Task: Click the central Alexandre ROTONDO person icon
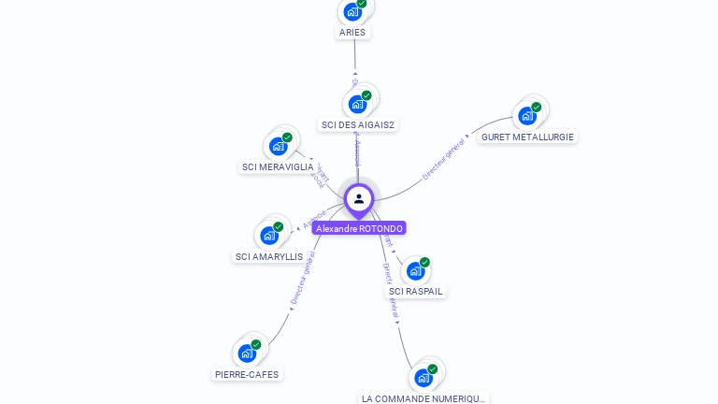[359, 198]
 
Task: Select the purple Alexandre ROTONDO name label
[360, 228]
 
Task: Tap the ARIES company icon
[352, 11]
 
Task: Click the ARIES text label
[352, 33]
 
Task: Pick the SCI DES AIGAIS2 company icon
[357, 104]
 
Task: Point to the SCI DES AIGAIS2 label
[357, 124]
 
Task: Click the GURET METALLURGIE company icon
[527, 116]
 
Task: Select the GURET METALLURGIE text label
[527, 137]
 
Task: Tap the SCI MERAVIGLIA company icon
[278, 146]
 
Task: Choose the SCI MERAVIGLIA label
[278, 167]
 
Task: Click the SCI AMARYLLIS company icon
[269, 235]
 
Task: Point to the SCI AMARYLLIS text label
[269, 256]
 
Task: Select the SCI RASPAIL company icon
[416, 270]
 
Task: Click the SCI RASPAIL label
[416, 292]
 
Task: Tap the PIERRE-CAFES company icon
[247, 353]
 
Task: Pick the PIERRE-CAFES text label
[247, 375]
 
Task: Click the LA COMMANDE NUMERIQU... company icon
[424, 378]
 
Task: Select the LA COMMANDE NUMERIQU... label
[424, 398]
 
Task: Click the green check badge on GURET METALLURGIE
[537, 107]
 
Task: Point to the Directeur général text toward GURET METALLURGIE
[443, 158]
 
